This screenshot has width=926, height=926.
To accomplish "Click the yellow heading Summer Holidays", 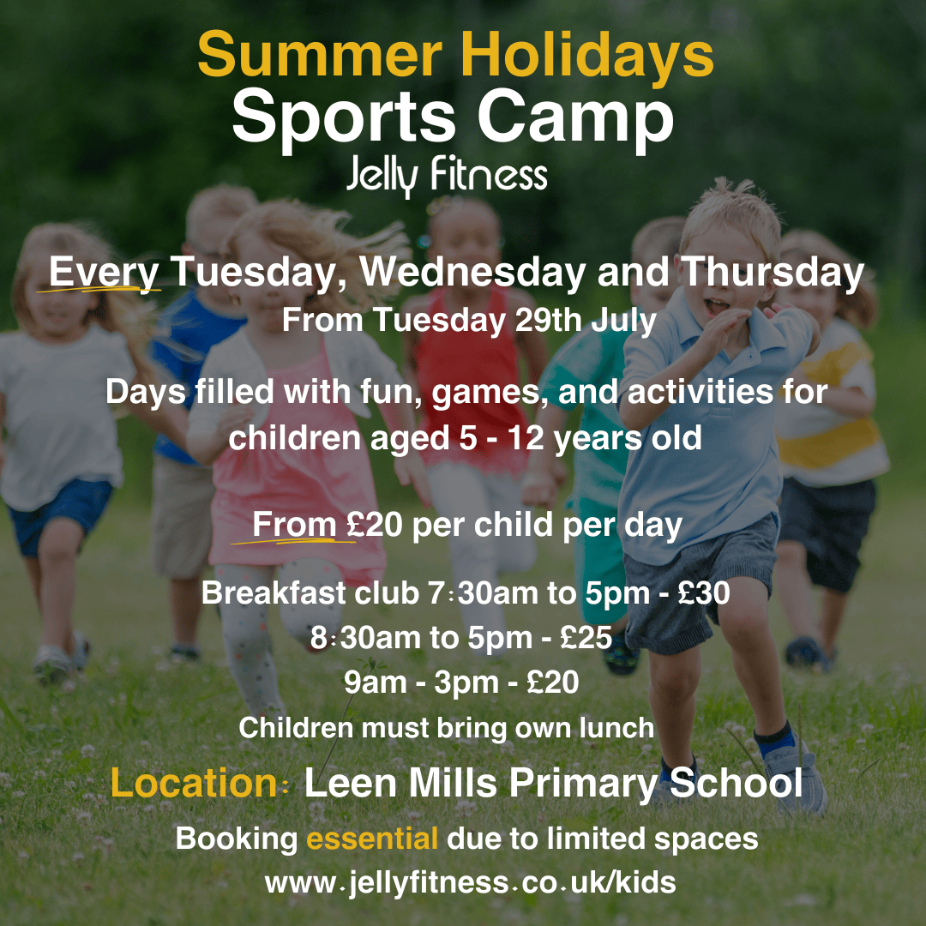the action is tap(455, 54).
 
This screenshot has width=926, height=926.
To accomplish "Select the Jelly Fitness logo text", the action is tap(447, 175).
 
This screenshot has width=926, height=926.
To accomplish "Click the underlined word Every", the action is tap(104, 273).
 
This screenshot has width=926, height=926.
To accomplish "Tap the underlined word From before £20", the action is tap(294, 525).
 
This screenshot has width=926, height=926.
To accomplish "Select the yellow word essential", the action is tap(372, 839).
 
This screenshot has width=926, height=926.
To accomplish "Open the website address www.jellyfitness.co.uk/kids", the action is tap(471, 883).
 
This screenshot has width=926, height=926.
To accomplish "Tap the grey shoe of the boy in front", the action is tap(794, 773).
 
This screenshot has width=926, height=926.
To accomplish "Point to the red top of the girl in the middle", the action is tap(471, 378).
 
